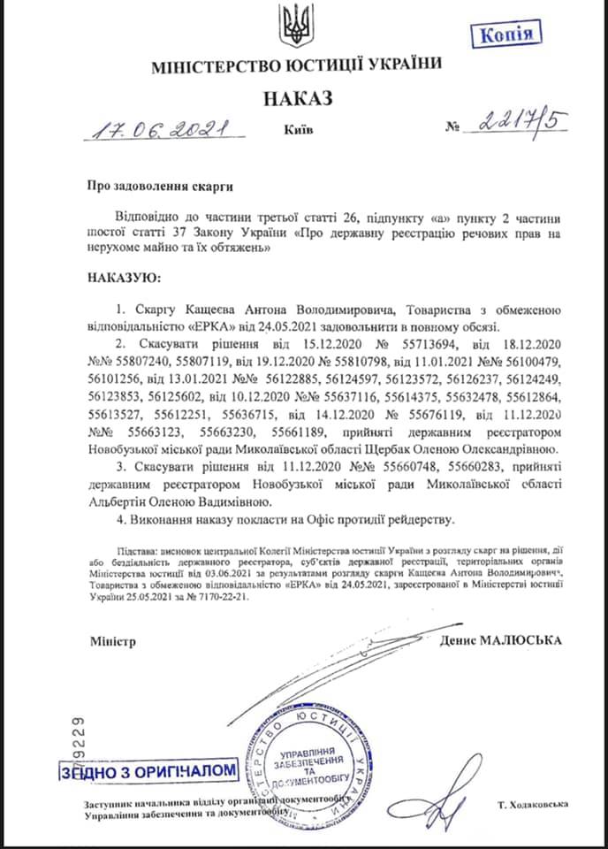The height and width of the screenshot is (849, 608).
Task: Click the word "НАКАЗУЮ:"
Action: (124, 279)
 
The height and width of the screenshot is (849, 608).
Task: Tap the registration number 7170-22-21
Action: (227, 596)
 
